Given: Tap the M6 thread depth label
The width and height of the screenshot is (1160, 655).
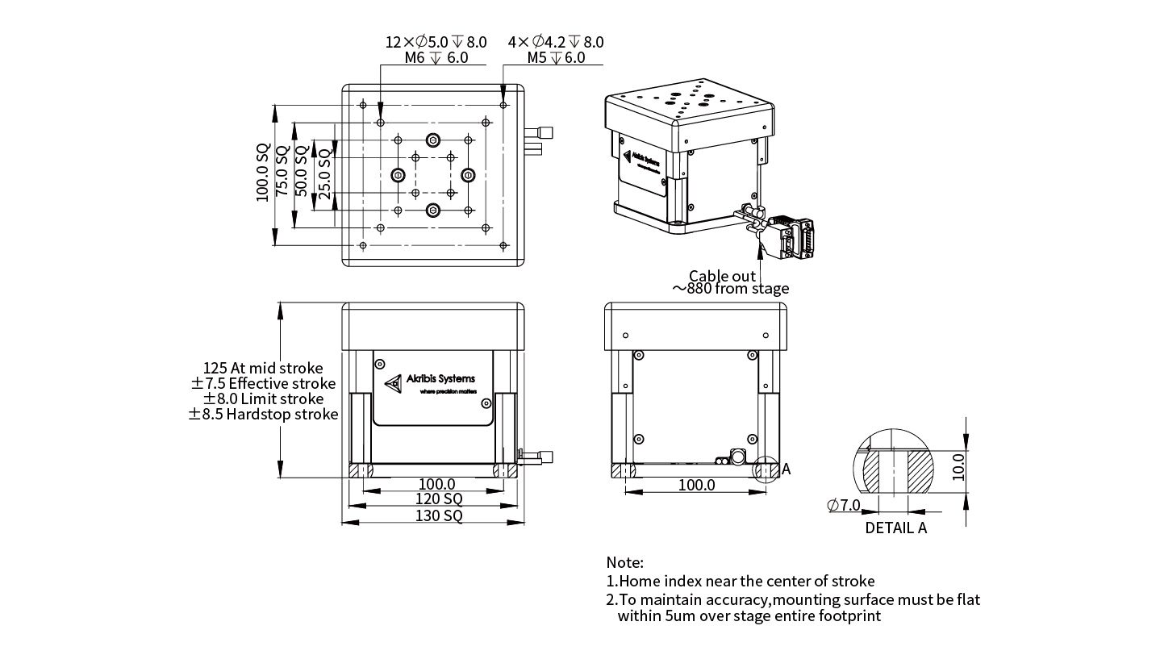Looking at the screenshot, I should (x=436, y=58).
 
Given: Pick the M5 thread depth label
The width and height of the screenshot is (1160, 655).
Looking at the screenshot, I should (x=556, y=58).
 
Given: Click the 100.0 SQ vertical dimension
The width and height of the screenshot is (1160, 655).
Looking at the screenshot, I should (x=264, y=173).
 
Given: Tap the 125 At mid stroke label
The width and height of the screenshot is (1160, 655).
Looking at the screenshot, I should (x=263, y=369).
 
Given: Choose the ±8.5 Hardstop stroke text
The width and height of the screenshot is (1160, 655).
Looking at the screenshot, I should (x=263, y=415).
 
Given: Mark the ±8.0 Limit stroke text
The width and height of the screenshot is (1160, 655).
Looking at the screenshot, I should (x=263, y=399).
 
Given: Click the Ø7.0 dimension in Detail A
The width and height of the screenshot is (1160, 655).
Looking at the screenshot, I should (x=844, y=506).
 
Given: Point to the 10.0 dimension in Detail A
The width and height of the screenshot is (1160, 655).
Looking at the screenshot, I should (x=958, y=466).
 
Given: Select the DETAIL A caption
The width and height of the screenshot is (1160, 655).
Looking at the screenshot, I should (x=895, y=528).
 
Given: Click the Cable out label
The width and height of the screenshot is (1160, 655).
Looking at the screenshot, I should (x=722, y=277).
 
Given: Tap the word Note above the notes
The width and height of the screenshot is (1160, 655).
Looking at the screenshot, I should (x=625, y=562).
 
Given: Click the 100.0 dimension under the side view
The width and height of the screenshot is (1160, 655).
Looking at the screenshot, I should (x=695, y=486).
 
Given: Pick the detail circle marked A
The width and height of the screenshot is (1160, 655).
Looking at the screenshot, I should (x=766, y=469).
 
